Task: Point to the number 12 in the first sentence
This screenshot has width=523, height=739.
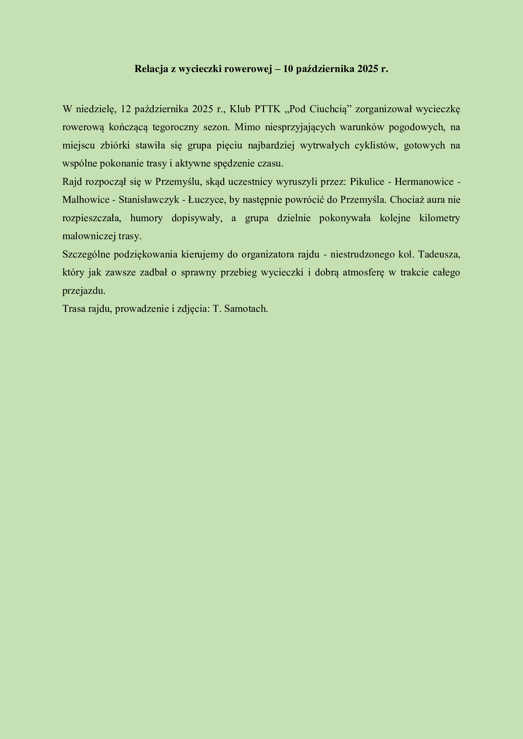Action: (x=126, y=109)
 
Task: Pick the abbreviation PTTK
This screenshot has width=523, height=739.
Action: (x=268, y=109)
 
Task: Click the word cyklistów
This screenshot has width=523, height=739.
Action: (x=375, y=145)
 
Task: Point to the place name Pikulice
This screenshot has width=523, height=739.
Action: (x=367, y=182)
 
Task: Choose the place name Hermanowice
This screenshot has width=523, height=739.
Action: (x=424, y=182)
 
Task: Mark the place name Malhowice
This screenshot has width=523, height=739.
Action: (x=86, y=200)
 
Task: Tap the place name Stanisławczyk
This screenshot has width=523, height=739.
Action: (x=149, y=200)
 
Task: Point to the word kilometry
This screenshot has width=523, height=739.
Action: (x=439, y=218)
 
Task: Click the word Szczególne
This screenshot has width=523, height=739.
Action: (x=86, y=255)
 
